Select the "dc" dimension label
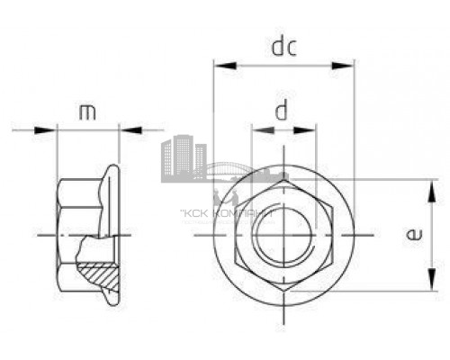[x=283, y=45]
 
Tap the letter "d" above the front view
[x=283, y=112]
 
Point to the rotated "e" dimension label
[x=412, y=236]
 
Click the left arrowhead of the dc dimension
[x=219, y=65]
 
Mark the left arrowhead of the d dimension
[x=258, y=131]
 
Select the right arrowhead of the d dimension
[x=311, y=131]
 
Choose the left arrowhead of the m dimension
[x=62, y=130]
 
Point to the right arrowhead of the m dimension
[x=114, y=130]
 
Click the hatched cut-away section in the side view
[x=99, y=269]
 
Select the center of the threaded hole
[x=283, y=236]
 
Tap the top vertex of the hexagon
[x=283, y=180]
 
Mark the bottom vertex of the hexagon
[x=283, y=292]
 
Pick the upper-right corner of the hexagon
[x=332, y=208]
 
